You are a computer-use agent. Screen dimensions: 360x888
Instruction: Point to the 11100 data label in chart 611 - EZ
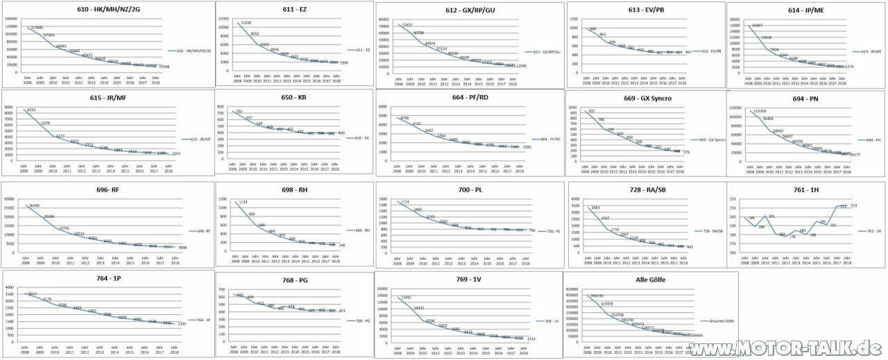click(246, 23)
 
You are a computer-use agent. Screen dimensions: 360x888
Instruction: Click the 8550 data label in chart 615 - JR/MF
click(31, 110)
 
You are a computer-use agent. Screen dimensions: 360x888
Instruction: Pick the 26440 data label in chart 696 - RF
click(32, 205)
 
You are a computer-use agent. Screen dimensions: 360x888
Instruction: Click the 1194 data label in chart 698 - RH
click(243, 202)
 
